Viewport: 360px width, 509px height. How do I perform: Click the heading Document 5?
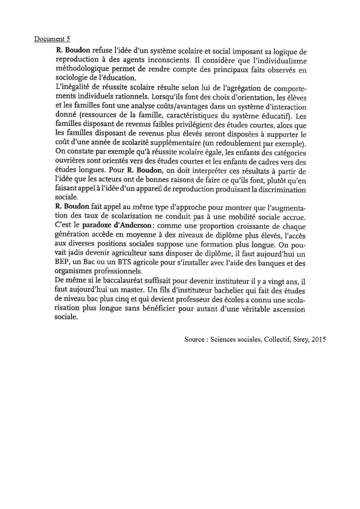(x=52, y=39)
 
